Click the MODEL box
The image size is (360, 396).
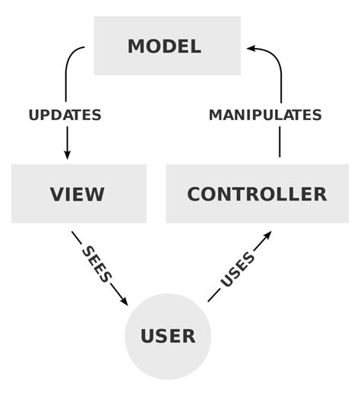pos(167,46)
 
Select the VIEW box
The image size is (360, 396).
pos(78,194)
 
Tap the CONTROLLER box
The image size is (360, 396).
pos(257,194)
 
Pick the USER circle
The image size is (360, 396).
pos(168,335)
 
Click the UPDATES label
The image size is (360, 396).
pos(65,116)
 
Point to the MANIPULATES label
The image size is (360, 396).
pos(265,116)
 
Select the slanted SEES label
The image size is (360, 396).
pos(96,265)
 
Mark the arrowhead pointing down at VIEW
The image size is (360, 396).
pos(67,154)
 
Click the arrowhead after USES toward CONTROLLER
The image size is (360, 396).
pos(265,237)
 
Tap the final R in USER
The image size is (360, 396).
pos(188,336)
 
